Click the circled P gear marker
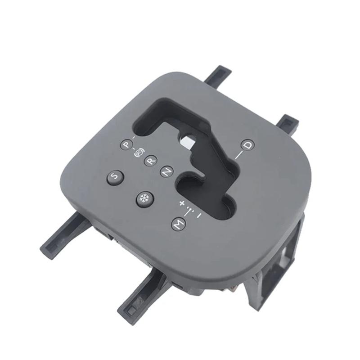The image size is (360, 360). coord(126,145)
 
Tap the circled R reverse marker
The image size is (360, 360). coord(151,159)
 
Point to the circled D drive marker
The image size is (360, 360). coord(247,145)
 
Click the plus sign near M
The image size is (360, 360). coord(182,203)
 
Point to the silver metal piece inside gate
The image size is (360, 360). coord(188,141)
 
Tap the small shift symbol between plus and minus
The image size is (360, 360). coord(191,210)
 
